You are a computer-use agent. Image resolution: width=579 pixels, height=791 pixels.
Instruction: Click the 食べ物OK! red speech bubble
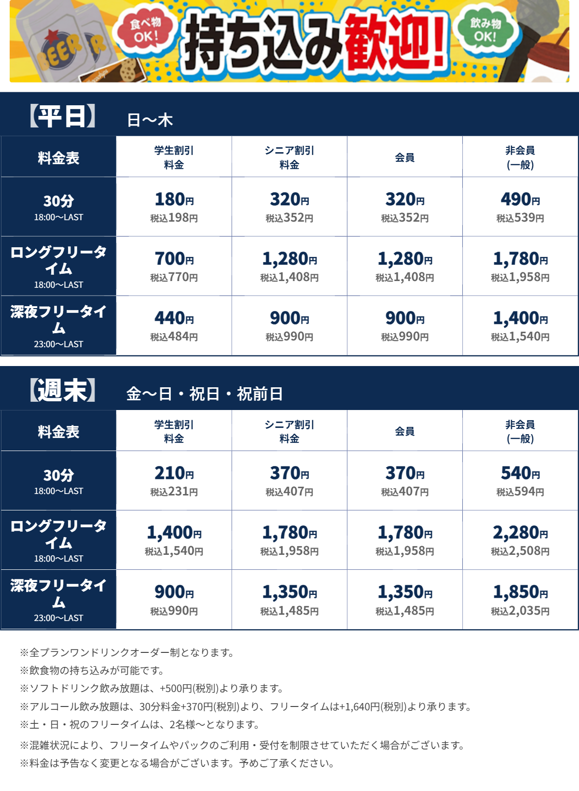pos(144,30)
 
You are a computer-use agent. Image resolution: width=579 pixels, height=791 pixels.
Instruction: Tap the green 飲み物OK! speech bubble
pos(485,30)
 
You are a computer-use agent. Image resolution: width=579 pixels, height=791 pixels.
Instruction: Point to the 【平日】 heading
pos(63,116)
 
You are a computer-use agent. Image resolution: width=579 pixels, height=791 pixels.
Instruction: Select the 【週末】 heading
pos(63,390)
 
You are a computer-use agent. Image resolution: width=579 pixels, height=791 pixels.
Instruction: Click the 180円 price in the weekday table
pos(174,199)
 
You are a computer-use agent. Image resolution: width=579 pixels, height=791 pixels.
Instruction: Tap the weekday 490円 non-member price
pos(520,199)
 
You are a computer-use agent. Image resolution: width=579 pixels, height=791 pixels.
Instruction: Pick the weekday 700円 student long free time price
pos(174,259)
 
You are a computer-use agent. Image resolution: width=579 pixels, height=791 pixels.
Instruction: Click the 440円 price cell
pos(174,318)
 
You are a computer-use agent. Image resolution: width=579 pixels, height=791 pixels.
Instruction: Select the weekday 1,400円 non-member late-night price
pos(520,318)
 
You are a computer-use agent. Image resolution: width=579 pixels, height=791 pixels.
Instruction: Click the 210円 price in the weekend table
pos(174,473)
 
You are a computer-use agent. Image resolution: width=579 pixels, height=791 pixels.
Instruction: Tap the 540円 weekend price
pos(520,473)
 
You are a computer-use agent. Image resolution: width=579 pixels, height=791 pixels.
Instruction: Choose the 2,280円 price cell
pos(520,533)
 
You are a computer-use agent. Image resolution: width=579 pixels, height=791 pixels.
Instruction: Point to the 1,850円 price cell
pos(520,592)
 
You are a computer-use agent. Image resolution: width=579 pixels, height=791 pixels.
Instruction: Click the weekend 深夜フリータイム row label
pos(58,599)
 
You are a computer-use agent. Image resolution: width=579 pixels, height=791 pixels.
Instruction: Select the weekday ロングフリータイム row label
pos(58,266)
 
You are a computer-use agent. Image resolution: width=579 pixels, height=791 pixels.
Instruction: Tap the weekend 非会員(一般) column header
pos(520,431)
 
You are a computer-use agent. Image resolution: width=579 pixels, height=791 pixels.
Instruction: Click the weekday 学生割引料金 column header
pos(174,157)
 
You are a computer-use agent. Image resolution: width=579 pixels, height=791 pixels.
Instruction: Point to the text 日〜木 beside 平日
pos(150,120)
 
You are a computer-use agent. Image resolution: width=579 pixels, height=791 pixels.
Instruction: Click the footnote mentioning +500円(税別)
pos(152,688)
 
